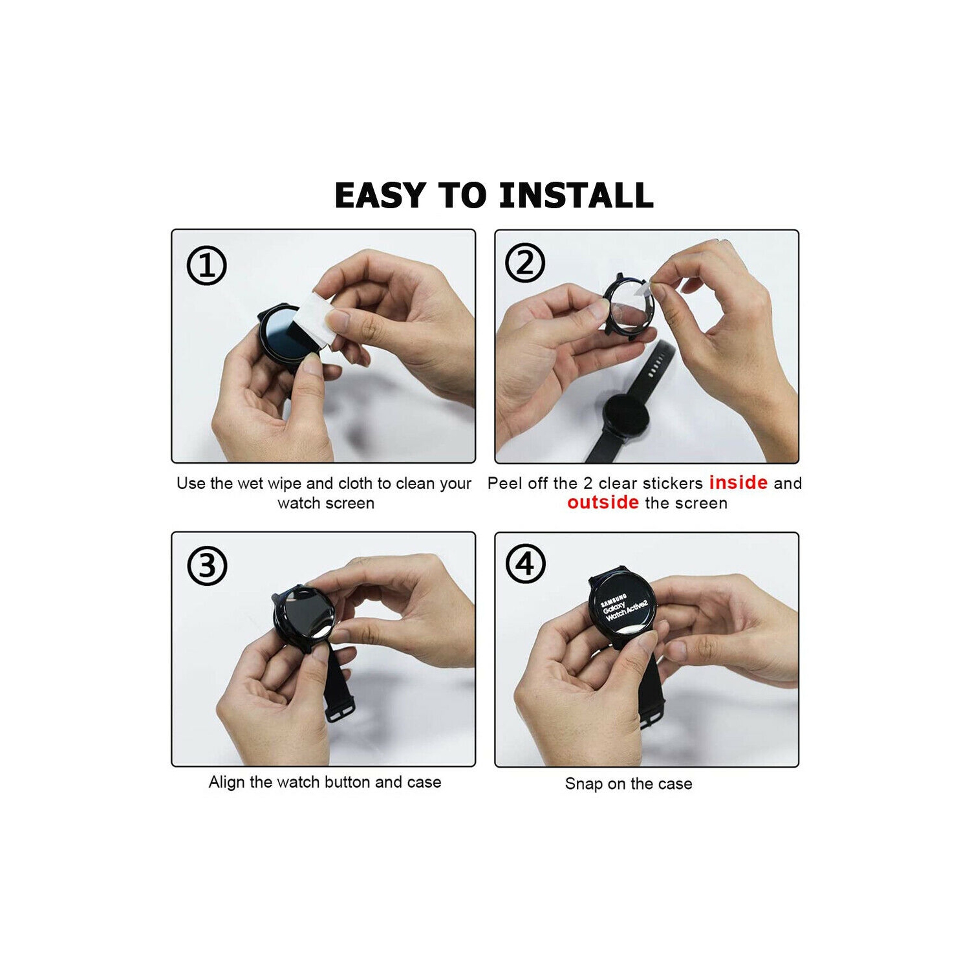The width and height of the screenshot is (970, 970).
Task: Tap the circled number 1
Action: coord(206,265)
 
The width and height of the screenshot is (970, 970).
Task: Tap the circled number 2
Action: coord(525,263)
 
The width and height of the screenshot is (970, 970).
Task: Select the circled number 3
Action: coord(207,566)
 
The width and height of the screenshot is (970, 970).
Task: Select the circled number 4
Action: coord(525,564)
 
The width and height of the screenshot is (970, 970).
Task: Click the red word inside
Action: coord(738,482)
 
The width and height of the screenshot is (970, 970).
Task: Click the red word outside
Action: coord(603,502)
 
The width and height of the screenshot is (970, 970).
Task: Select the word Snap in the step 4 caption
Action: coord(584,784)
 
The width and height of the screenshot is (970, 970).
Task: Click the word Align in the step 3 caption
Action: coord(226,782)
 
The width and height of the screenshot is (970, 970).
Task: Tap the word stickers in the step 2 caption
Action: coord(673,483)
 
